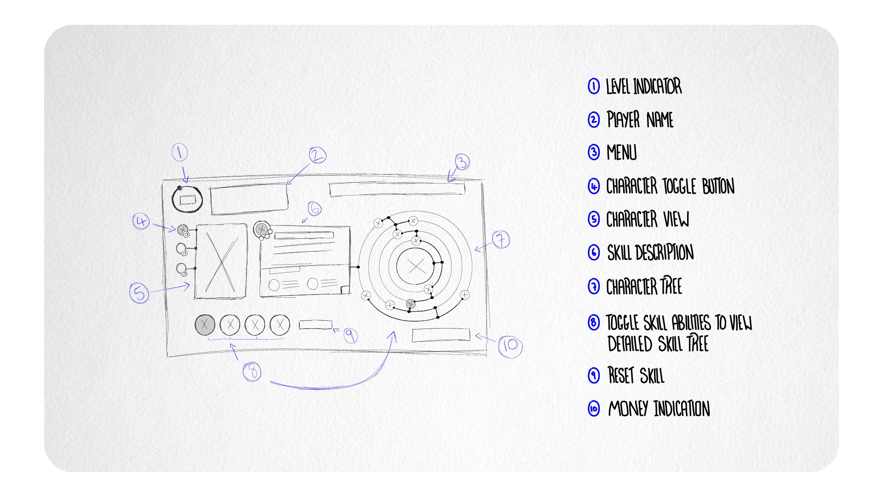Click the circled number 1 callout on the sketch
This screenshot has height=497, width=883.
(180, 152)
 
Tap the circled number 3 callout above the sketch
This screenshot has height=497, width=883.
(462, 162)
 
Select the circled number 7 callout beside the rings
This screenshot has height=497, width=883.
(501, 239)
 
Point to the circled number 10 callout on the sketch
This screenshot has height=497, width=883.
(510, 346)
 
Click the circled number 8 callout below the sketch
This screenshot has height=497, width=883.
(252, 371)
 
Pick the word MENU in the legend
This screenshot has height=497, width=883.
(622, 153)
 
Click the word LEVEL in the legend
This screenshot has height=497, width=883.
(617, 87)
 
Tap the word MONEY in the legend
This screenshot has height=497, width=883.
(628, 409)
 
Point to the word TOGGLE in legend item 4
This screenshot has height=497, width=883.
(679, 186)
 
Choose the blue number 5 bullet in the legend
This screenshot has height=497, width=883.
(594, 220)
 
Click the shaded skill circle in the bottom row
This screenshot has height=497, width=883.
(205, 324)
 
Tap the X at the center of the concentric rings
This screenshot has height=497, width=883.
(417, 266)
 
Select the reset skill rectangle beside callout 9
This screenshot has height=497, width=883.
(315, 325)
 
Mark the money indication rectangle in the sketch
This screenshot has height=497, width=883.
(441, 335)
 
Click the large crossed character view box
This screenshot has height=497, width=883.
(221, 261)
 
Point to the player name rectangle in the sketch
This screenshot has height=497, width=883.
(249, 199)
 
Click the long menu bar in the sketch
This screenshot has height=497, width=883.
(397, 189)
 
